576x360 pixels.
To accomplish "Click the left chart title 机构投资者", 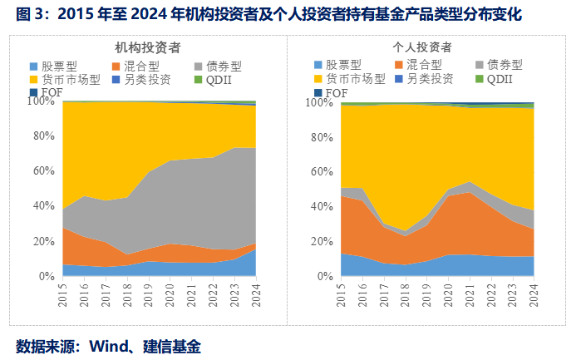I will pyautogui.click(x=150, y=48).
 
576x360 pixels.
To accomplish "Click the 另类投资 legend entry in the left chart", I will pyautogui.click(x=141, y=79).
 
